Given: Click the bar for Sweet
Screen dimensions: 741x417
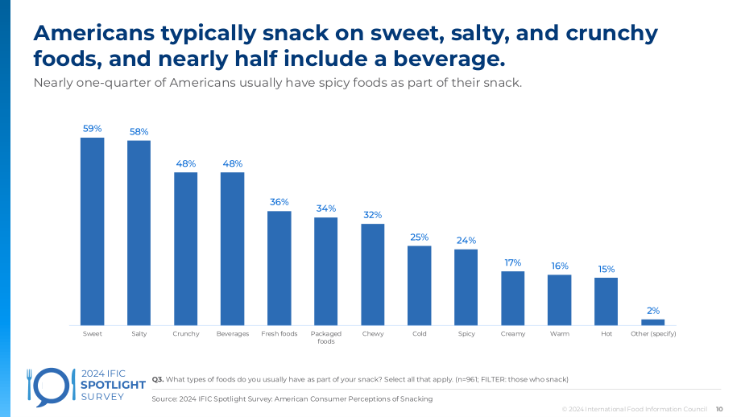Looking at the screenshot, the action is [92, 231].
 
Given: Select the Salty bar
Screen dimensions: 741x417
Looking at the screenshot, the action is [139, 233].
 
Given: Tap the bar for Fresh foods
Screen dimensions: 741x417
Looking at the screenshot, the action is [279, 268].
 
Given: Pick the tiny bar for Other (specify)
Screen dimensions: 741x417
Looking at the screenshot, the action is [652, 323].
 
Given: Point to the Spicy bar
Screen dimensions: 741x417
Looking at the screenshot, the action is [466, 287].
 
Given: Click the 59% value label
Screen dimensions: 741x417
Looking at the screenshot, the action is [92, 129].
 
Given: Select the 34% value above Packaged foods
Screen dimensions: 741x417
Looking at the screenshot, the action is [326, 208].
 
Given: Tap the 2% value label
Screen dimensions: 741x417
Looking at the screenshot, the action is [653, 311].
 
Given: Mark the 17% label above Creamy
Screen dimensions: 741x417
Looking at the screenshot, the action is [513, 262].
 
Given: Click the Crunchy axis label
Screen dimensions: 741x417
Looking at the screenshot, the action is [186, 334].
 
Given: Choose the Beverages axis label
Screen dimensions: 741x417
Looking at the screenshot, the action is [233, 334].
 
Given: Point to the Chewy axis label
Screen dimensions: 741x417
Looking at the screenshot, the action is [373, 334].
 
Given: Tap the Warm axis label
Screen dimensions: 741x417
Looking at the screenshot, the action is [560, 334].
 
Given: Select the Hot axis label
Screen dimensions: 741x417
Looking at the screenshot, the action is [606, 334].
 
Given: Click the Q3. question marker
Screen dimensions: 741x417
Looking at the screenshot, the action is [158, 379].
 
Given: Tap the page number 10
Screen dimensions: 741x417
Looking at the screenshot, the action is [719, 409].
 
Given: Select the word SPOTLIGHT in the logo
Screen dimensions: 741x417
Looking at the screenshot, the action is [114, 385].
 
